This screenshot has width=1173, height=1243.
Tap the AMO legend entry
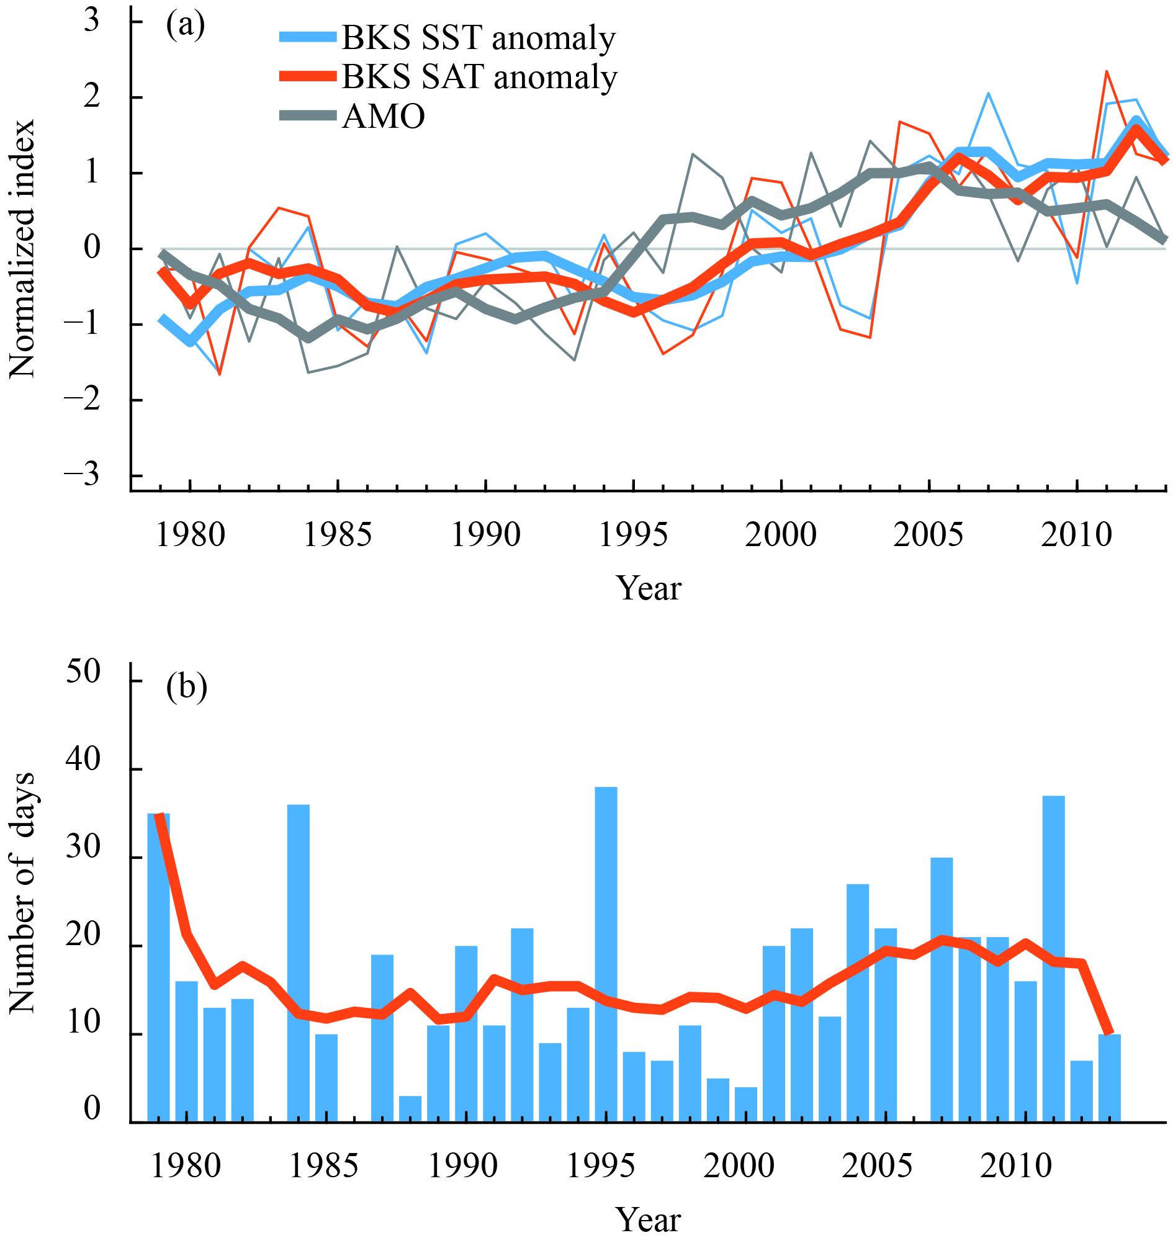pyautogui.click(x=383, y=116)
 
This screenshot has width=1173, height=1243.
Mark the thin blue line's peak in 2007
pyautogui.click(x=988, y=94)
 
